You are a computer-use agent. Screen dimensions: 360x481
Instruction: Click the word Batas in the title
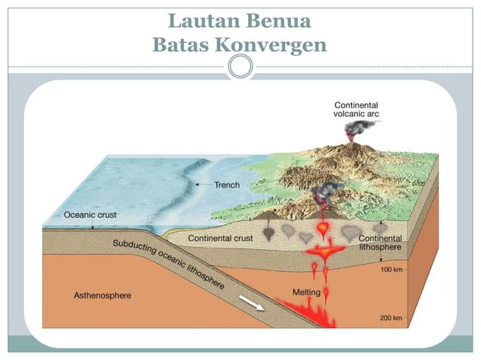(x=180, y=45)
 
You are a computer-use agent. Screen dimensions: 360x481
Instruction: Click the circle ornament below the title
(x=240, y=67)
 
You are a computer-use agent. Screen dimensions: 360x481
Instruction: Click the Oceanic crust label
(x=90, y=214)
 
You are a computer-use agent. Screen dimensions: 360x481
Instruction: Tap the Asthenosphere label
(x=102, y=296)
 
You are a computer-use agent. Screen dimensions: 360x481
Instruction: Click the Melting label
(x=306, y=292)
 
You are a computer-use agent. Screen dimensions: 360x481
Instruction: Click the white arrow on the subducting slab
(x=251, y=303)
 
